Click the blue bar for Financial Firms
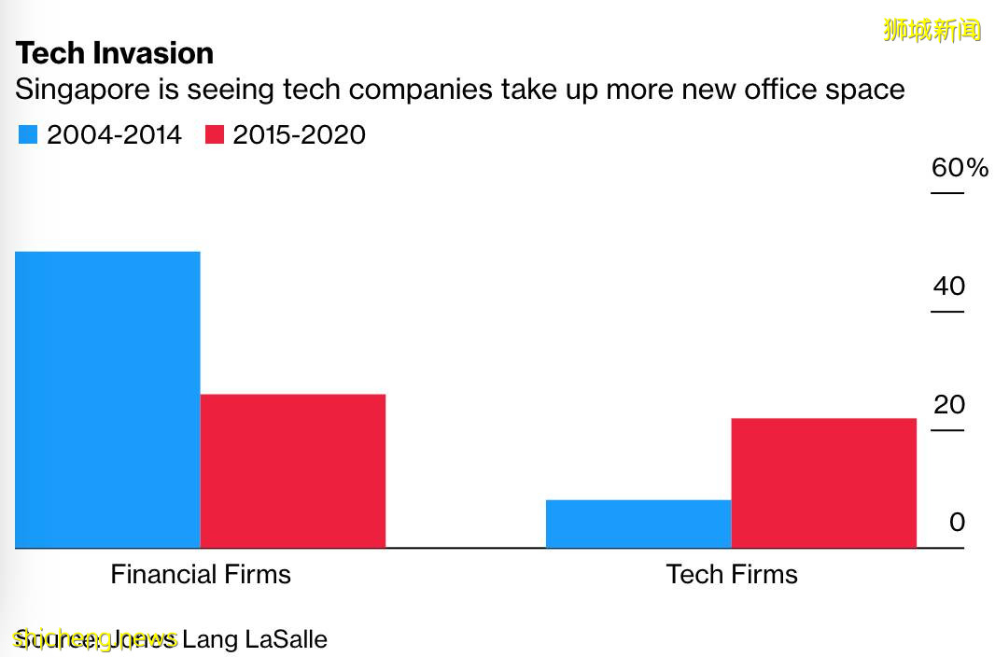tap(107, 399)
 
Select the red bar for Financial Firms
tap(293, 470)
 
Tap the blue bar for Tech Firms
tap(638, 524)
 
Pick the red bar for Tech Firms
tap(824, 482)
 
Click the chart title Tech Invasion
tap(115, 53)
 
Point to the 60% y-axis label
tap(960, 168)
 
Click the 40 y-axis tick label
tap(948, 287)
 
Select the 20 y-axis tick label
tap(948, 405)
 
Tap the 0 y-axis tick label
tap(957, 523)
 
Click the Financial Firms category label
tap(201, 574)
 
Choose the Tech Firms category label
tap(732, 574)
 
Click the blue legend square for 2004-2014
tap(28, 135)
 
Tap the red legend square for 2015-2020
tap(215, 135)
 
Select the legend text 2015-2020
tap(299, 135)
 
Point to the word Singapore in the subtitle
tap(93, 91)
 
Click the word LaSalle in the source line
tap(286, 640)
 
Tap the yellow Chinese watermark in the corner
tap(932, 30)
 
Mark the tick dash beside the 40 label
tap(946, 312)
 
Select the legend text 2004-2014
tap(114, 135)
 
